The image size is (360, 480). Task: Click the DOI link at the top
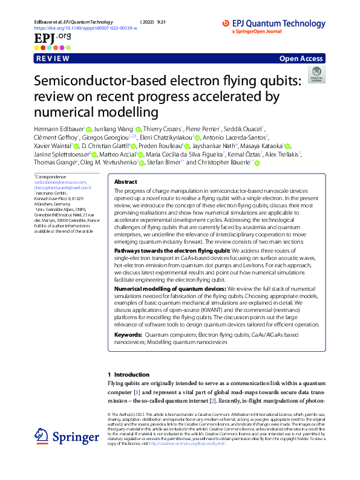coord(85,28)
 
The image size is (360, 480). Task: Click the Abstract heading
coord(126,181)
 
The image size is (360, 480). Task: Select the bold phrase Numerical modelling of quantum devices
coord(166,290)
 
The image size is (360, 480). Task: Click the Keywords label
coord(128,334)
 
